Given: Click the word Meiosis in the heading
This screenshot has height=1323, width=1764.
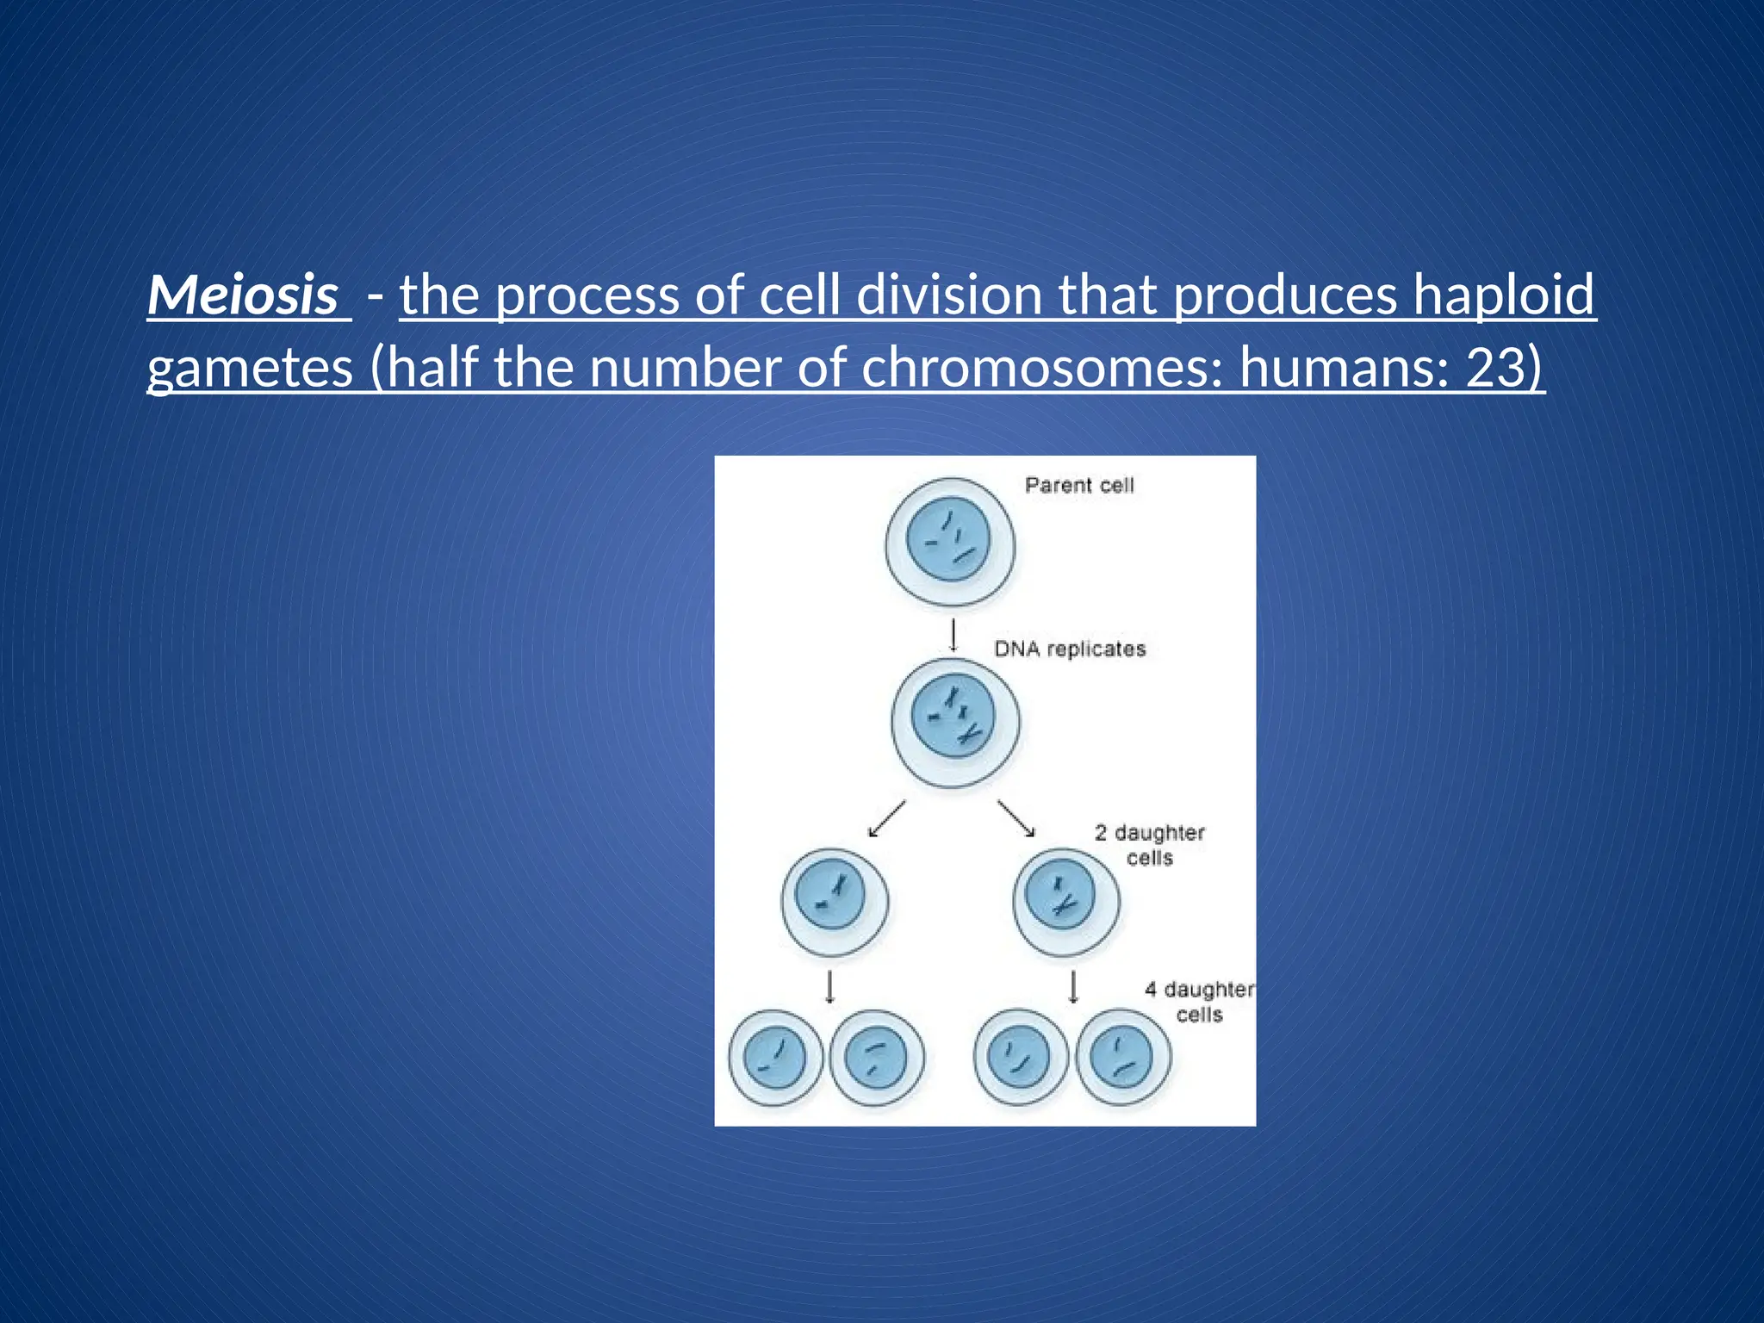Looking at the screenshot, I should pyautogui.click(x=244, y=295).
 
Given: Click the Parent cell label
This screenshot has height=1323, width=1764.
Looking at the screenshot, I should pyautogui.click(x=1078, y=486).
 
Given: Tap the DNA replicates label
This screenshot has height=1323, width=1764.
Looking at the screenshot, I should pyautogui.click(x=1070, y=649).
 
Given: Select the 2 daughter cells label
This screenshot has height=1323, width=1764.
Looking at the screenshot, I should pyautogui.click(x=1149, y=845).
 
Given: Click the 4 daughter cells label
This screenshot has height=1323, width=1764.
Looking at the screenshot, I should pyautogui.click(x=1199, y=1002).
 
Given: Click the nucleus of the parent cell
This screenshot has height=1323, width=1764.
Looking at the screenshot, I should pyautogui.click(x=948, y=540).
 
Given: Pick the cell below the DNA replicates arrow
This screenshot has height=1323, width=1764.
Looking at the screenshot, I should pyautogui.click(x=954, y=723).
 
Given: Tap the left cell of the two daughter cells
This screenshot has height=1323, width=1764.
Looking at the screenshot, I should pyautogui.click(x=834, y=902).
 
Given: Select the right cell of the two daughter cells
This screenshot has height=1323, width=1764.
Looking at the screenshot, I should pyautogui.click(x=1065, y=902).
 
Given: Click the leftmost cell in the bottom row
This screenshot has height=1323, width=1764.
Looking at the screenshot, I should pyautogui.click(x=775, y=1058).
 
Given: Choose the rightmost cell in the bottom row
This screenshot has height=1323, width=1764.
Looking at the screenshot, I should pyautogui.click(x=1123, y=1057).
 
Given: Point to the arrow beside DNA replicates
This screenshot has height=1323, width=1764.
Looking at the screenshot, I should pyautogui.click(x=953, y=636).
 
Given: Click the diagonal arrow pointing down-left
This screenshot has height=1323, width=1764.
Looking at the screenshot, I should pyautogui.click(x=887, y=819).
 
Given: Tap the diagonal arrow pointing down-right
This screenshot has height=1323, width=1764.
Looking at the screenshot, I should pyautogui.click(x=1016, y=819).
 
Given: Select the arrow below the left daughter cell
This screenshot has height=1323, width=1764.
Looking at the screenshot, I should pyautogui.click(x=829, y=988).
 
